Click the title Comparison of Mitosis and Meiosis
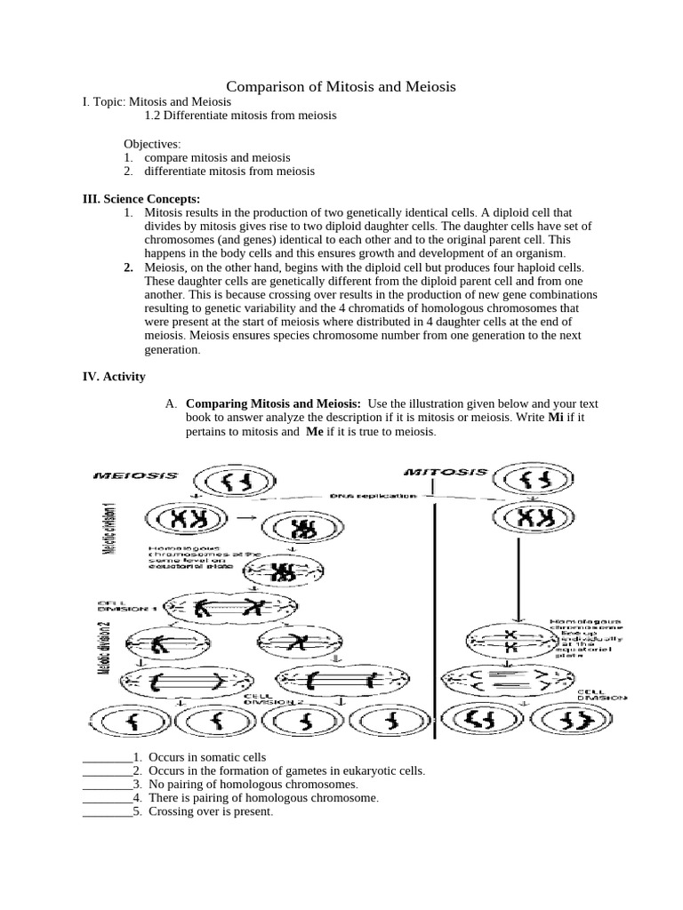point(341,86)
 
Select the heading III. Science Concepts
point(141,198)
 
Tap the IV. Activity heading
point(114,376)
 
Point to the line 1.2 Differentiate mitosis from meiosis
point(240,116)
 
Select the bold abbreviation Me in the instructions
point(315,431)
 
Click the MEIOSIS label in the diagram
point(135,476)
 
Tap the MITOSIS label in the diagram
point(446,472)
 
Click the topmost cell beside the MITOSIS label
point(534,481)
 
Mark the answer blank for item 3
point(107,786)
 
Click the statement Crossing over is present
point(211,812)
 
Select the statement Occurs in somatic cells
point(207,757)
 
